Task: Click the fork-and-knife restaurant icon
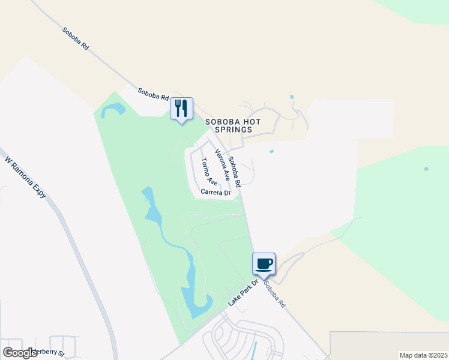point(181,109)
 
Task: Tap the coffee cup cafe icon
point(264,264)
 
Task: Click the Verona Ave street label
point(223,165)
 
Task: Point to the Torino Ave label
point(209,172)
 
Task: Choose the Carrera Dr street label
point(215,193)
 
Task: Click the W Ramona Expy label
point(26,178)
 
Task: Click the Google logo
point(20,352)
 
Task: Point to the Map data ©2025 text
point(423,355)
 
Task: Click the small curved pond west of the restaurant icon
point(113,110)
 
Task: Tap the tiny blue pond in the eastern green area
point(426,169)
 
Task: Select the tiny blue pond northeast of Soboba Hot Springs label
point(292,97)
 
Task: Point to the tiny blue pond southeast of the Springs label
point(272,151)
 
